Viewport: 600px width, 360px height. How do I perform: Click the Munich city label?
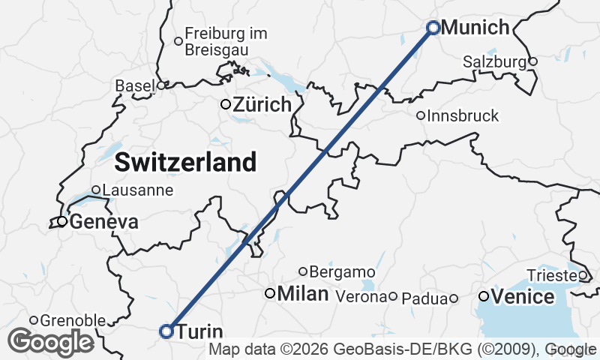pyautogui.click(x=475, y=28)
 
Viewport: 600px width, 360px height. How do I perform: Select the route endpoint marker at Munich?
pyautogui.click(x=433, y=28)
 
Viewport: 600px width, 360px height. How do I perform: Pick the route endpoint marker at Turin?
pyautogui.click(x=166, y=331)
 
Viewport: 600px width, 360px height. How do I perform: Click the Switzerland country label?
pyautogui.click(x=186, y=161)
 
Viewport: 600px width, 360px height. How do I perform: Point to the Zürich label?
pyautogui.click(x=261, y=105)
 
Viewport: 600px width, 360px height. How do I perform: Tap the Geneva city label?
pyautogui.click(x=103, y=222)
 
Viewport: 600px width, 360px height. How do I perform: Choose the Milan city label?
pyautogui.click(x=303, y=294)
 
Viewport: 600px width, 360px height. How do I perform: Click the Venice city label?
pyautogui.click(x=523, y=297)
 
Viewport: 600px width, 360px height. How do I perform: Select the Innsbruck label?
pyautogui.click(x=463, y=116)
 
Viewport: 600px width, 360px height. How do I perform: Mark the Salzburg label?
pyautogui.click(x=494, y=61)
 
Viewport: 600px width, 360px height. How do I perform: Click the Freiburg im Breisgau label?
pyautogui.click(x=226, y=40)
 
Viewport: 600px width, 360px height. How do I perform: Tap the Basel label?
pyautogui.click(x=134, y=86)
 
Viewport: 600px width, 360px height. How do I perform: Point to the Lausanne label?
pyautogui.click(x=137, y=190)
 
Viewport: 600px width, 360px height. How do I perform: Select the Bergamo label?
pyautogui.click(x=341, y=271)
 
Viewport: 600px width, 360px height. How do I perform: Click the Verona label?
pyautogui.click(x=362, y=297)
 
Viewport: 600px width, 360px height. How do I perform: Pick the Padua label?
pyautogui.click(x=424, y=298)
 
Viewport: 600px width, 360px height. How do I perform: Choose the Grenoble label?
pyautogui.click(x=72, y=321)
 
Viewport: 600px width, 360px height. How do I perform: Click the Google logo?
pyautogui.click(x=51, y=342)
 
